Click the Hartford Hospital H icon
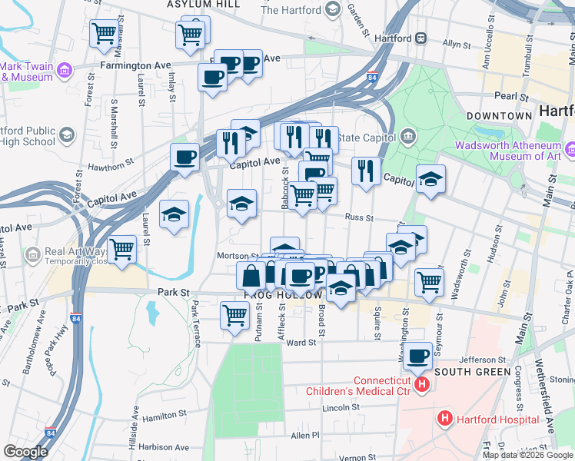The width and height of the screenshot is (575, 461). point(444,420)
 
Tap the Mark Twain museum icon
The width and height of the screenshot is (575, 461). point(64,72)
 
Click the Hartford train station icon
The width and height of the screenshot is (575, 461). point(421,38)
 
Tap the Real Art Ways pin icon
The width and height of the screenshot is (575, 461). point(32,254)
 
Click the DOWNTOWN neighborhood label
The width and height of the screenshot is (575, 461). point(499,115)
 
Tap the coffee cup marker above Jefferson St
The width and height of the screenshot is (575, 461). point(418,356)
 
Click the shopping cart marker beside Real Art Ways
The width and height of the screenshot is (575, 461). point(122,249)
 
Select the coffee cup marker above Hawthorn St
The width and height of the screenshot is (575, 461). point(184,158)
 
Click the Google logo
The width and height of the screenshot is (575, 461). point(25,452)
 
